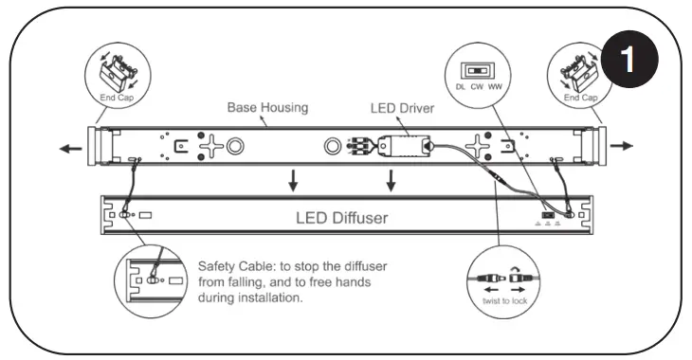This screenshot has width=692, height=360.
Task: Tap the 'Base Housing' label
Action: pyautogui.click(x=267, y=108)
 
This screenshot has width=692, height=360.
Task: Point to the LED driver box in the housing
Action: pyautogui.click(x=403, y=148)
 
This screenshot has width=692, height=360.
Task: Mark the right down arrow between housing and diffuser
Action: pyautogui.click(x=390, y=180)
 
